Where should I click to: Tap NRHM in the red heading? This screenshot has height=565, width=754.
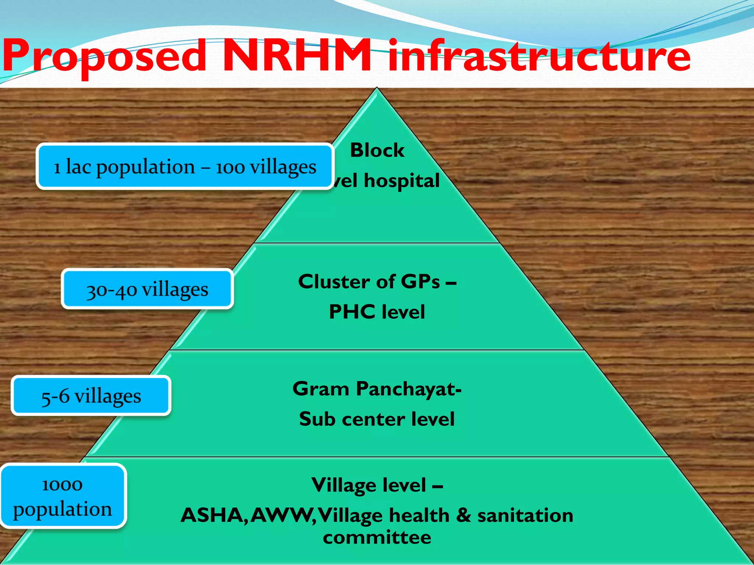tap(297, 55)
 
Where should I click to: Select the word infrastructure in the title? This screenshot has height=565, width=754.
tap(539, 55)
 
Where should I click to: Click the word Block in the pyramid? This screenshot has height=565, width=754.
tap(377, 150)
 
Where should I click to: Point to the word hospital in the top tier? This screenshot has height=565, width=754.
tap(402, 181)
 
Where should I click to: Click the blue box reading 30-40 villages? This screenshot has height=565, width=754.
tap(147, 289)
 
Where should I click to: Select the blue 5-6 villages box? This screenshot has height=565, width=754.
tap(91, 396)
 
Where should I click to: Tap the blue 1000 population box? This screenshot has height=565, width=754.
tap(63, 497)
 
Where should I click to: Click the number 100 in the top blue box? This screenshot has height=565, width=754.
tap(230, 168)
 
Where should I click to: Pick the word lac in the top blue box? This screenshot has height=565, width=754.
tap(78, 167)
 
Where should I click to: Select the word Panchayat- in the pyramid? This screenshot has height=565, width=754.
tap(409, 389)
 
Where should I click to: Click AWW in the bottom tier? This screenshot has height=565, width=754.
tap(281, 515)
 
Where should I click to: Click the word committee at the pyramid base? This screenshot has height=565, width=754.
tap(377, 537)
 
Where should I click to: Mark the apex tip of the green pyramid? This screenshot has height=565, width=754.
tap(377, 89)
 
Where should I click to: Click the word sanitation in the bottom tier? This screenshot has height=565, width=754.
tap(525, 515)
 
